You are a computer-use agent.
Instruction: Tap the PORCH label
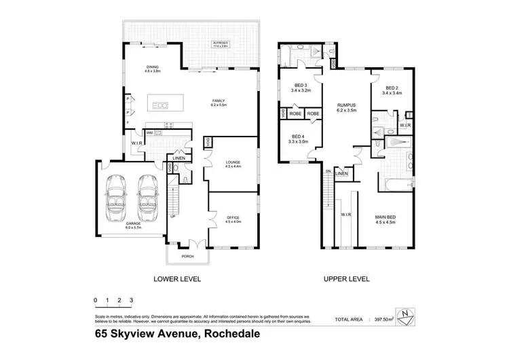tap(187, 257)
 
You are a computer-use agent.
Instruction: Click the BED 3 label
tap(300, 87)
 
